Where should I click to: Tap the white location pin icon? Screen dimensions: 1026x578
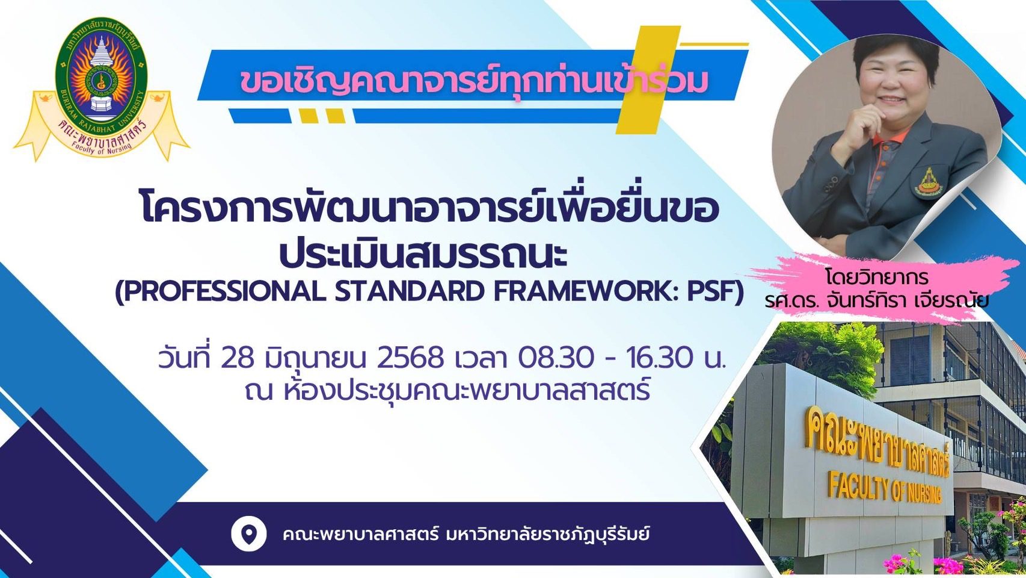click(x=249, y=535)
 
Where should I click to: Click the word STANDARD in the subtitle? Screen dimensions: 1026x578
click(x=410, y=291)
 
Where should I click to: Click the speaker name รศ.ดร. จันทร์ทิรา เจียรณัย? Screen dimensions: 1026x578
click(x=876, y=300)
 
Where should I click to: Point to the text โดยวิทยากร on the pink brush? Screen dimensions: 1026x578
click(x=877, y=278)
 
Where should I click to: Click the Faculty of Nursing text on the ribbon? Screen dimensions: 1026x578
click(x=101, y=146)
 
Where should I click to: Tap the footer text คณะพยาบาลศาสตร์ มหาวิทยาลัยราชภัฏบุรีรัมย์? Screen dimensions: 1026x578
click(x=466, y=535)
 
